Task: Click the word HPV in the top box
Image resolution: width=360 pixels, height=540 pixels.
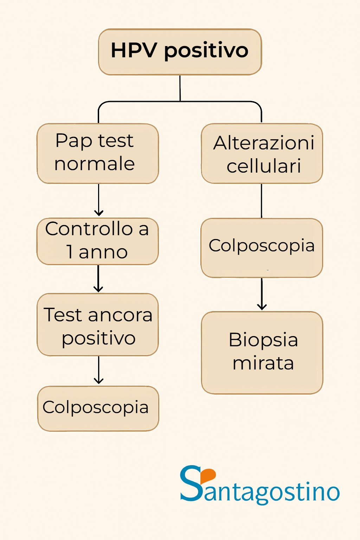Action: click(134, 50)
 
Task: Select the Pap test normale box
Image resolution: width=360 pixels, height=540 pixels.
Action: click(98, 153)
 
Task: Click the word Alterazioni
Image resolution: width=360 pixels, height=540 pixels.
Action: click(264, 143)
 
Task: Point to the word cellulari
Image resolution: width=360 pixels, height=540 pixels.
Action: click(264, 166)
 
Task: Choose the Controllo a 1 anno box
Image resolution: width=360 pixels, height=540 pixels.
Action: click(98, 241)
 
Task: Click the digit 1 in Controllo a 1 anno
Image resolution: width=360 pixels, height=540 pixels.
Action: click(70, 252)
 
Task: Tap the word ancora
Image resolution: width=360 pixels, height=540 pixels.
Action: click(120, 315)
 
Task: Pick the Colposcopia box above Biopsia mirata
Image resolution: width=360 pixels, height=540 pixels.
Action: click(262, 248)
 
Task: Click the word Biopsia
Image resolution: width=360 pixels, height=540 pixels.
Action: click(263, 340)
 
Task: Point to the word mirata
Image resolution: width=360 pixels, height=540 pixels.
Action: click(263, 363)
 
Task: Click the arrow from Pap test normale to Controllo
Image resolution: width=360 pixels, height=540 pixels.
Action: click(99, 200)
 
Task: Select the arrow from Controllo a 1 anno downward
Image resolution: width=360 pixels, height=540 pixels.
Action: click(98, 279)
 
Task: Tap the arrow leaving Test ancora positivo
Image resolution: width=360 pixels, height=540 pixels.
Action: click(99, 371)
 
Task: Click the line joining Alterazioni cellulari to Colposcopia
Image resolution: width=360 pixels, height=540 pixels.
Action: click(262, 201)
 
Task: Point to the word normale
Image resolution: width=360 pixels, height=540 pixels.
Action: click(95, 164)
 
